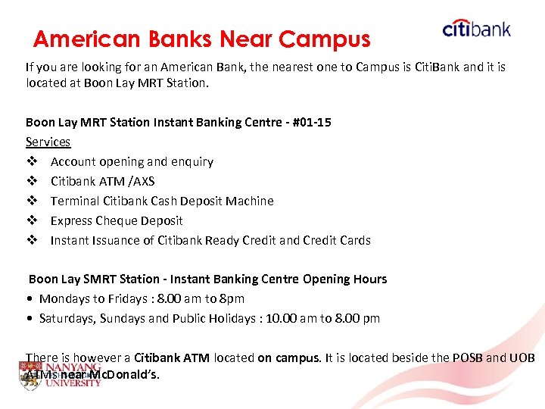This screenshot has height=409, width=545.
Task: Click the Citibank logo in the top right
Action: pos(476,29)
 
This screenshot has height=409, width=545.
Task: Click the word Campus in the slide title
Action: pos(325,39)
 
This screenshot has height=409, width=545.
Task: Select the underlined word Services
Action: pos(48,142)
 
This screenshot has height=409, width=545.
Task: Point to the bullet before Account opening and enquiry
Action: pos(31,161)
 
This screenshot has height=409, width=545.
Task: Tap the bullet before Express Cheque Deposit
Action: pos(31,220)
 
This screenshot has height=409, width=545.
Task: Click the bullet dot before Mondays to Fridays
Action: pos(30,298)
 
